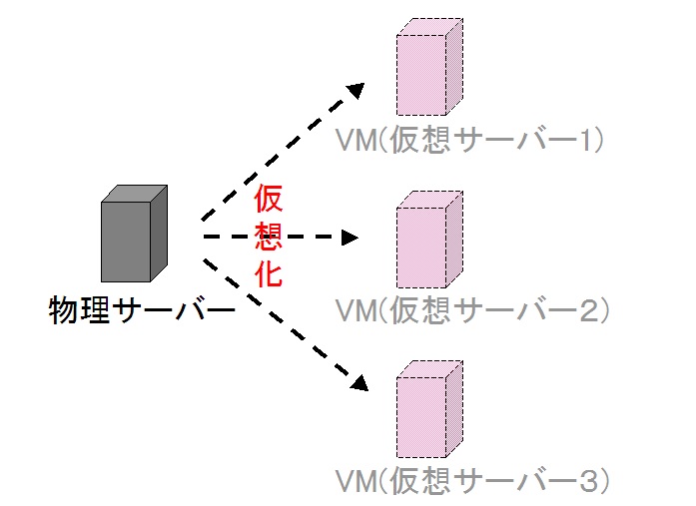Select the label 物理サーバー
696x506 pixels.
(141, 311)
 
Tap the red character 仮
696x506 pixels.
(269, 200)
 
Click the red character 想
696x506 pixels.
(269, 237)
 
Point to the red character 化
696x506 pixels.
(269, 273)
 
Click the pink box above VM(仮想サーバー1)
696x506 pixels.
(428, 70)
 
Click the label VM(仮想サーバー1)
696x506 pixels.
(470, 141)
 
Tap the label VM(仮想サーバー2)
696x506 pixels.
(470, 310)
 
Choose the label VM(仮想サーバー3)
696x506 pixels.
(470, 481)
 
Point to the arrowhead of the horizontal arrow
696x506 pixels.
(349, 238)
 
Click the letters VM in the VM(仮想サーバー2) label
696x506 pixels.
(354, 311)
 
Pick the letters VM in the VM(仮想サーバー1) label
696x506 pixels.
(354, 141)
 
